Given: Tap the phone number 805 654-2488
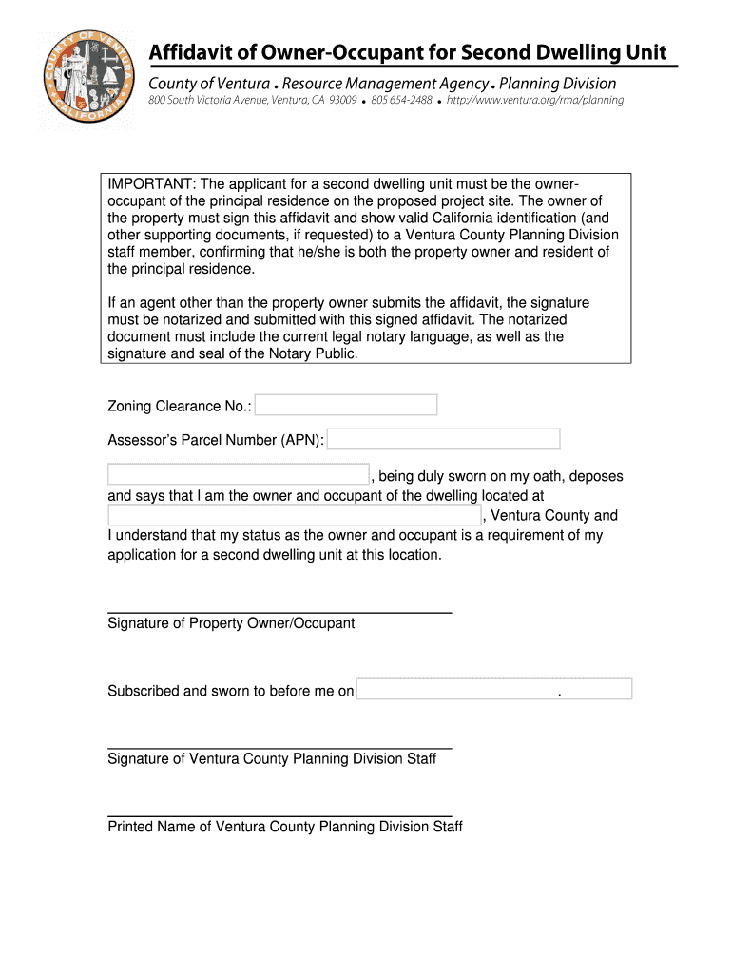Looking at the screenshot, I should click(401, 100).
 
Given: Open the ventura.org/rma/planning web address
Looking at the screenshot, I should click(536, 100).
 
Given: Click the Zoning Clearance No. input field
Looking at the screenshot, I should click(346, 406).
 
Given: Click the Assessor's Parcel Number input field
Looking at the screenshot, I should click(444, 439).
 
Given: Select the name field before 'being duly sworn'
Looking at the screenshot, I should click(238, 475).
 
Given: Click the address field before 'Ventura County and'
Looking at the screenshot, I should click(295, 515).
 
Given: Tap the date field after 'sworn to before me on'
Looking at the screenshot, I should click(494, 690).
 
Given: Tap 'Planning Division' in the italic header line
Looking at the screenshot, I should click(557, 84).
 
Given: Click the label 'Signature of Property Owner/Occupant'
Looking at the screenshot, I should click(231, 623).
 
